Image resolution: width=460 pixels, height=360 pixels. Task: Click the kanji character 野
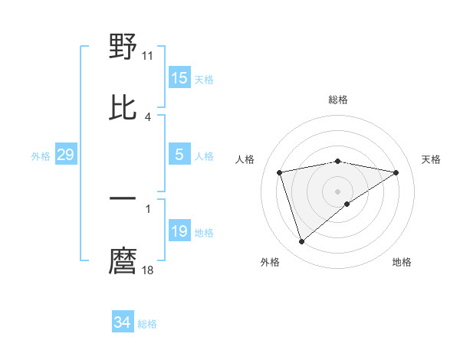[123, 47]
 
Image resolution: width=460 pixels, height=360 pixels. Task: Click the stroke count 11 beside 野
[148, 55]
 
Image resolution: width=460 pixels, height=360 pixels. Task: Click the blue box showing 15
[179, 78]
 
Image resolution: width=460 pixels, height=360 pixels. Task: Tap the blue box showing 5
[179, 155]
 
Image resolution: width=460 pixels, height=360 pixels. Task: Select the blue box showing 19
[179, 231]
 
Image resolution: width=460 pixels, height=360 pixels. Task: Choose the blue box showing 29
[65, 155]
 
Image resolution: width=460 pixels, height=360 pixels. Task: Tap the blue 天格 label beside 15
[204, 80]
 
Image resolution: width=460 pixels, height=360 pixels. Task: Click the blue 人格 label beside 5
[204, 156]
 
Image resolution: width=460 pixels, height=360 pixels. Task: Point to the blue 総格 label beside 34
[147, 324]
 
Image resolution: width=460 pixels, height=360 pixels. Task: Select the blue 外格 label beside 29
[41, 156]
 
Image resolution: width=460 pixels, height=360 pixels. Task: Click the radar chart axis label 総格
[338, 100]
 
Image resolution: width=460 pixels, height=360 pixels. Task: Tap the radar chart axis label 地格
[402, 262]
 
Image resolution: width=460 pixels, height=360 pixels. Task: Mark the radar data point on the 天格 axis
[396, 172]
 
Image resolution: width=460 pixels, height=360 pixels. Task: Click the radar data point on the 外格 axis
[301, 242]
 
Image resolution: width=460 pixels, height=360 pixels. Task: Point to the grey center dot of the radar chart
[338, 191]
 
